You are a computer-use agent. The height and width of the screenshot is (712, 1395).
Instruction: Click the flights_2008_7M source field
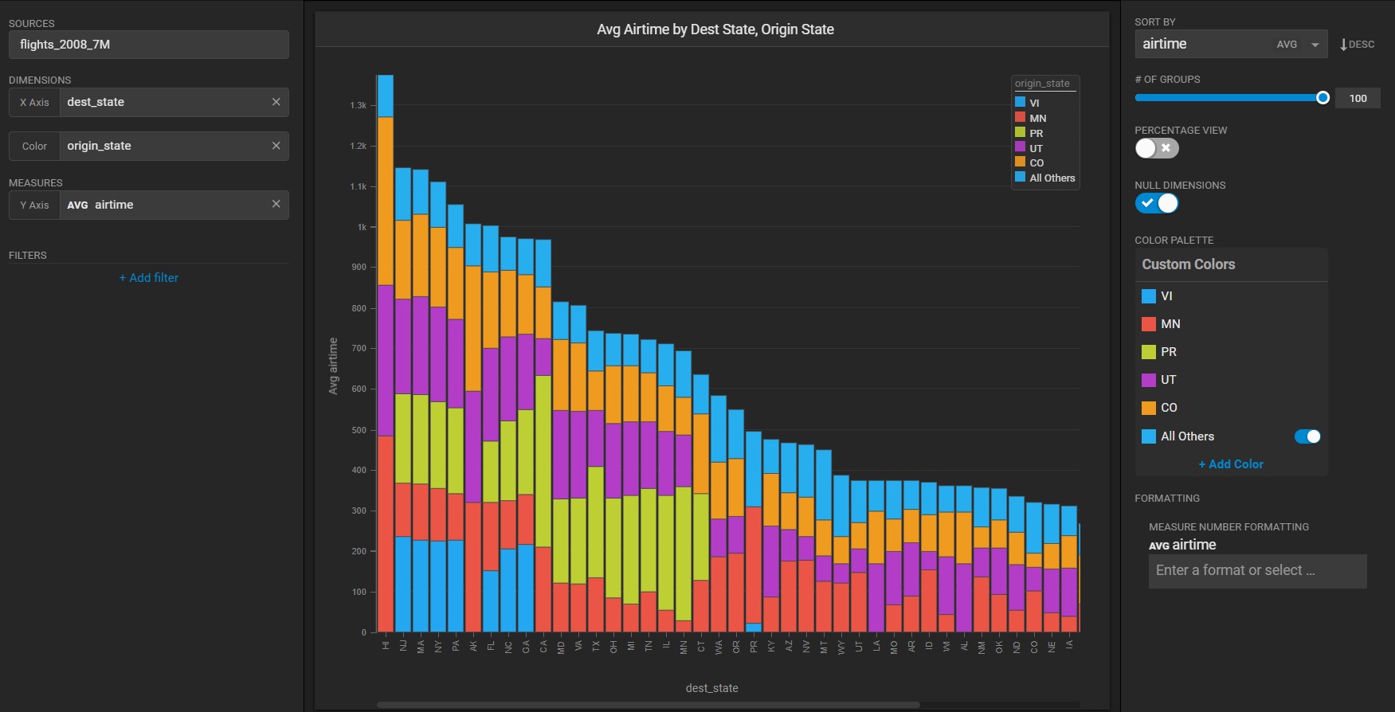(x=148, y=45)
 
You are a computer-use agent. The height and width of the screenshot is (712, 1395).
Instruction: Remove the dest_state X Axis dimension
(x=276, y=102)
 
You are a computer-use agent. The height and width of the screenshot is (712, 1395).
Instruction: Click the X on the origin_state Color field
(x=276, y=146)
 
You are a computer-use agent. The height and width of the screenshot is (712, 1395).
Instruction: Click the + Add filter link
(x=149, y=278)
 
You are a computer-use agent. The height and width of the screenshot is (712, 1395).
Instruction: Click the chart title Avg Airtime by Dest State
(x=715, y=29)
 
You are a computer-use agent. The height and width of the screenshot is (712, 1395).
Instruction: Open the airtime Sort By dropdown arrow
(x=1315, y=45)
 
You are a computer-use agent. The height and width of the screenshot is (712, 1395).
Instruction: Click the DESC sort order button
(x=1357, y=45)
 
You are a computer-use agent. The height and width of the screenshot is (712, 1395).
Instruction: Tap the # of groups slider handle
(x=1323, y=98)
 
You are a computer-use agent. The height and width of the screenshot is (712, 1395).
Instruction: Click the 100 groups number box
(x=1358, y=98)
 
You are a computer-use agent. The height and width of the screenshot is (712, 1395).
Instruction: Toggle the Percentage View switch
(x=1156, y=148)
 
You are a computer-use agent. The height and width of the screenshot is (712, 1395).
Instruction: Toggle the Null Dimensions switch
(x=1156, y=203)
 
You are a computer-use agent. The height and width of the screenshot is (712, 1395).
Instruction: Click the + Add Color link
(x=1230, y=464)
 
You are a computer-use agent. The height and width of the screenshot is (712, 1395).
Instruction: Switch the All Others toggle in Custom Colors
(x=1307, y=436)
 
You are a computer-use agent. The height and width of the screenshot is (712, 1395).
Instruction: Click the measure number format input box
(x=1257, y=571)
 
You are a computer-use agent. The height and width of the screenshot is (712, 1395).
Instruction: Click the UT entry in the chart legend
(x=1035, y=148)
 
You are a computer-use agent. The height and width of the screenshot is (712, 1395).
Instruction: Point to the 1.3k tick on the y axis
(x=359, y=105)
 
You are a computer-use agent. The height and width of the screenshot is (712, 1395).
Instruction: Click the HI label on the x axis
(x=386, y=645)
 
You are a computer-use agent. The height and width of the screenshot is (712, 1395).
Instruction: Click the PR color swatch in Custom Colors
(x=1148, y=352)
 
